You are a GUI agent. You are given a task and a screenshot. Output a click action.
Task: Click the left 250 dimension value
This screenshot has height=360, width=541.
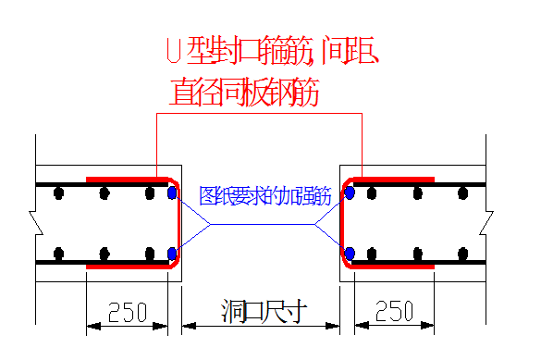(128, 311)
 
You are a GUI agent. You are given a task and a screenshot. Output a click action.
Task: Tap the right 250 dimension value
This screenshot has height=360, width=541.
(394, 311)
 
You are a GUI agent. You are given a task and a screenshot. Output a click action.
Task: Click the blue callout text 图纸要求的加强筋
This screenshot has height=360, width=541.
(264, 196)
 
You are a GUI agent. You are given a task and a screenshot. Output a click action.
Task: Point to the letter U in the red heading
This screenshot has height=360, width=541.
(172, 50)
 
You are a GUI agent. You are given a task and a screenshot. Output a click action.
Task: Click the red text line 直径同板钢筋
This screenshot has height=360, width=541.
(245, 92)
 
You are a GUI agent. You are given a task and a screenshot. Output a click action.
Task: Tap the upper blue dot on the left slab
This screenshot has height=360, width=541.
(172, 193)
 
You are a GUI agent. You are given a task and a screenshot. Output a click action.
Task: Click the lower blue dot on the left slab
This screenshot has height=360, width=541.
(172, 253)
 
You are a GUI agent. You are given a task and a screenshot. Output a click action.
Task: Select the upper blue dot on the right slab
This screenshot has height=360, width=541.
(350, 193)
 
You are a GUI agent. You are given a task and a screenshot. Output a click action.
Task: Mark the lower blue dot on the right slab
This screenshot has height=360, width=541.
(350, 253)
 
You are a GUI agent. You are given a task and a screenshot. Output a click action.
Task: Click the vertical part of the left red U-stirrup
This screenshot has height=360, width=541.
(178, 222)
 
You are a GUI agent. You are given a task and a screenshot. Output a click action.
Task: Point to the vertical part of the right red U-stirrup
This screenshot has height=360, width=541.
(343, 222)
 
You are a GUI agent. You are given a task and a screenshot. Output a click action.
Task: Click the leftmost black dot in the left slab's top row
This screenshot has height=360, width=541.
(59, 193)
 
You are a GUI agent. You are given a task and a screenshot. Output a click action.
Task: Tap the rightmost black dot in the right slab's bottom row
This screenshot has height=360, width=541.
(463, 253)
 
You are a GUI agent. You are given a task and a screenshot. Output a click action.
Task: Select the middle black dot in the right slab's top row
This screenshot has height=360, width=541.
(418, 193)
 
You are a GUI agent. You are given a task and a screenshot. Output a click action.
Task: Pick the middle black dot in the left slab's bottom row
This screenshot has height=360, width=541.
(105, 253)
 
